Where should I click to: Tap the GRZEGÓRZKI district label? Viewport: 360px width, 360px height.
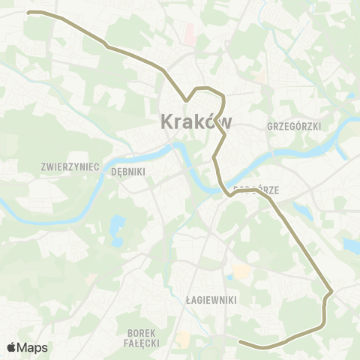click(294, 127)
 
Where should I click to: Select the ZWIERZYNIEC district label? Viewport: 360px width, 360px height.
click(71, 166)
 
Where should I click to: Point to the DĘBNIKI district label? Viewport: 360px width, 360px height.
click(127, 171)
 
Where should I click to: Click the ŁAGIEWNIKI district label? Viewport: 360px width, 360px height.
click(211, 299)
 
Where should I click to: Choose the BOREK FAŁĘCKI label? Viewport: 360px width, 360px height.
click(139, 337)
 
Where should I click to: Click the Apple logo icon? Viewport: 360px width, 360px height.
click(11, 347)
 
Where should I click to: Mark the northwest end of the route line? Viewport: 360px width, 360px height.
click(28, 13)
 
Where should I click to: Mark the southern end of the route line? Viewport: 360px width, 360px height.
click(241, 343)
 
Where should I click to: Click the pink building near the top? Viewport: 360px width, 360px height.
click(190, 31)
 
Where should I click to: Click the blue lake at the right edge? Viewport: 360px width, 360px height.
click(351, 244)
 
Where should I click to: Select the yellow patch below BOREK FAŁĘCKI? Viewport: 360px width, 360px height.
click(182, 341)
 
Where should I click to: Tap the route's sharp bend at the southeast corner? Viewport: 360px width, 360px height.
click(331, 291)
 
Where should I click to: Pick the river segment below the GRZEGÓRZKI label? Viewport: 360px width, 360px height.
click(300, 152)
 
